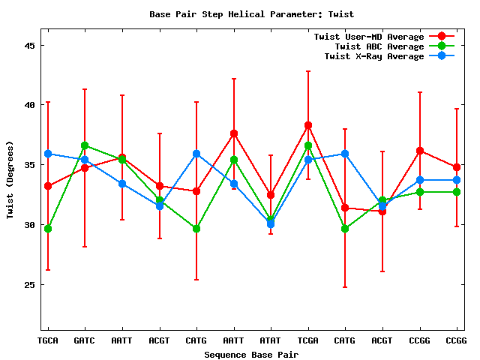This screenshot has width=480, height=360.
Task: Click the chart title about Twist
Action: point(251,14)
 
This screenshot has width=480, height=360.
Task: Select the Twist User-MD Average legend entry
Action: point(368,37)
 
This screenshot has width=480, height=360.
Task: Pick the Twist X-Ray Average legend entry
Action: point(373,56)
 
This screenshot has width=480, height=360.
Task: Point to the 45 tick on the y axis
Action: point(31,45)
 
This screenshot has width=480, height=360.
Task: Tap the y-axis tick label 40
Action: point(31,105)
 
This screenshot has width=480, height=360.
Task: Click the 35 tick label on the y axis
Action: point(31,165)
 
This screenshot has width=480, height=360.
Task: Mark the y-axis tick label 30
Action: point(31,225)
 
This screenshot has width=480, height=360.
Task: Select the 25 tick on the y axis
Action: point(31,285)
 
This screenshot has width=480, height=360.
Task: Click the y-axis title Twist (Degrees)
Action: point(10,180)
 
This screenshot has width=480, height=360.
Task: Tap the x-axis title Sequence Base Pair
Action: point(251,354)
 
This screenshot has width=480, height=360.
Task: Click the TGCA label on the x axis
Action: point(48,340)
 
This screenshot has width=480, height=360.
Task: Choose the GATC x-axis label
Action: point(85,340)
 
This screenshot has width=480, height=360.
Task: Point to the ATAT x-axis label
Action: point(271,340)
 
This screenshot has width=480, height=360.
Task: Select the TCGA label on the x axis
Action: point(307,340)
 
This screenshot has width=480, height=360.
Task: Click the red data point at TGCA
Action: point(48,186)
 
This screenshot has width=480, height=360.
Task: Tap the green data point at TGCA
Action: point(48,229)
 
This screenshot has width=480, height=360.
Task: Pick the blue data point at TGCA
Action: point(48,154)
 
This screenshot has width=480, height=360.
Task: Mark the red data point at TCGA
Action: point(307,125)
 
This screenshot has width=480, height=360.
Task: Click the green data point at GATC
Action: point(85,145)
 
